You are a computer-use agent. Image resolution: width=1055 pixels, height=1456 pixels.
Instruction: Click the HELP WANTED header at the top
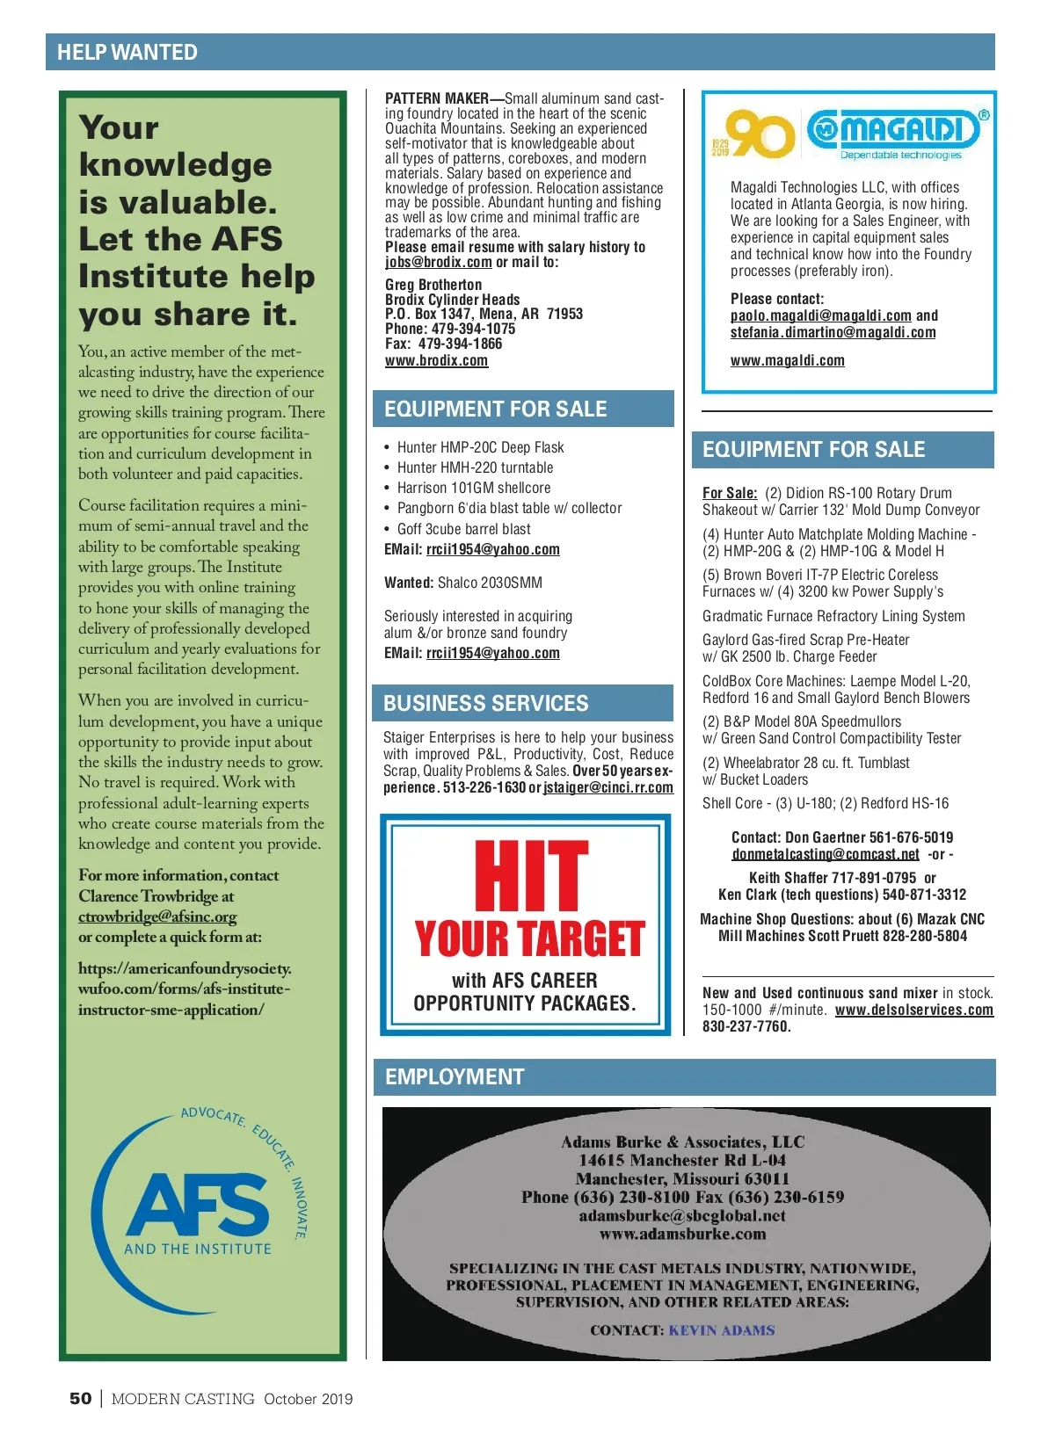127,53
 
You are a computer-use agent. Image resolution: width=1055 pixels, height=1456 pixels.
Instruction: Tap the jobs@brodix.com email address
438,262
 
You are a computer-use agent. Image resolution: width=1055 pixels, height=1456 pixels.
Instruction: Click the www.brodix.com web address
436,360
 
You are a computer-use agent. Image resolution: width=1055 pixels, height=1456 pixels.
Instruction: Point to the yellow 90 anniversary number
760,134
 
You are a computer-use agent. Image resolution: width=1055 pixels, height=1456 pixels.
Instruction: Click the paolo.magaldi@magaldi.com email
820,315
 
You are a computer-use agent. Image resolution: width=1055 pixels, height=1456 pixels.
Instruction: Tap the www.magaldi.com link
787,360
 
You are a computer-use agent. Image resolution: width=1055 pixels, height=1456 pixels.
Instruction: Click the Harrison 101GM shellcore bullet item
473,488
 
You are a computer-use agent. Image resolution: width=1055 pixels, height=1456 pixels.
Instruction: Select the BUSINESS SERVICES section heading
485,703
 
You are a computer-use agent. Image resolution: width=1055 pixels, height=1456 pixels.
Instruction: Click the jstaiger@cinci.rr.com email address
608,787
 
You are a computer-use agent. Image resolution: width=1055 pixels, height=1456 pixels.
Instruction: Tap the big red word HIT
531,877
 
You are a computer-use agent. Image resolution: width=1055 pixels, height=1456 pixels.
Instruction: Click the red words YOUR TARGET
530,938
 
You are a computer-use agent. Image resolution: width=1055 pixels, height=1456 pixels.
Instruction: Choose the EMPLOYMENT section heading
455,1076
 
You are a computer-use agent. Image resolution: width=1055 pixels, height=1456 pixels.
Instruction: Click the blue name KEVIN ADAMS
722,1330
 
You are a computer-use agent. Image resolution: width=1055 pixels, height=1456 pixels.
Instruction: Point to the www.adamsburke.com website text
682,1235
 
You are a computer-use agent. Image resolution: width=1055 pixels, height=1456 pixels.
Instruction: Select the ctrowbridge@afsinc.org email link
157,916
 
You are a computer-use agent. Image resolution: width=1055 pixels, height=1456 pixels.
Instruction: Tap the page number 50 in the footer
80,1398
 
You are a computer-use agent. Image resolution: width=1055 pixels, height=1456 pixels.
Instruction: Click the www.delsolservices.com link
913,1010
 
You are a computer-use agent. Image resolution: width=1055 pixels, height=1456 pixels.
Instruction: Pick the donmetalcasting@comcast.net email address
826,854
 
